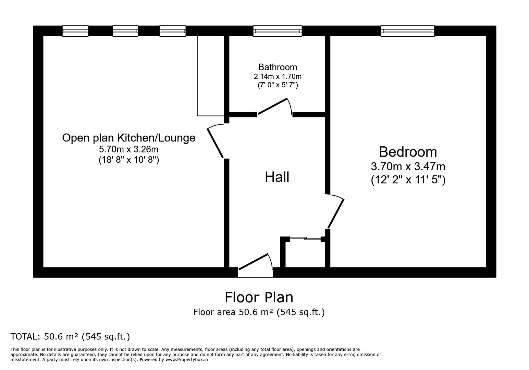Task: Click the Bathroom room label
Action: (278, 67)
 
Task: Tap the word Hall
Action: (277, 177)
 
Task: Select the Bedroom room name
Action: (408, 152)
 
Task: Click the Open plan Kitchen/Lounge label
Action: (128, 138)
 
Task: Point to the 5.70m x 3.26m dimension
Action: (128, 149)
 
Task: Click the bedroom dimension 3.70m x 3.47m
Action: (408, 166)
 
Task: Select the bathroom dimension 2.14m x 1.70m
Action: (278, 76)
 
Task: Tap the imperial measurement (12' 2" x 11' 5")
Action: (408, 180)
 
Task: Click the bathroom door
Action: (273, 106)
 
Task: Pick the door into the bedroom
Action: (336, 213)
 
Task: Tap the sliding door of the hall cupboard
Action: (305, 238)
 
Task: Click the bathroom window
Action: (278, 31)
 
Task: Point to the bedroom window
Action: (407, 31)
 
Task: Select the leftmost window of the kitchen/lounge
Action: (75, 31)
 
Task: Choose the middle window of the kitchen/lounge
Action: (125, 31)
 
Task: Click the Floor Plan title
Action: (259, 297)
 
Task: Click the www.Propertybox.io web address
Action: (186, 360)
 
